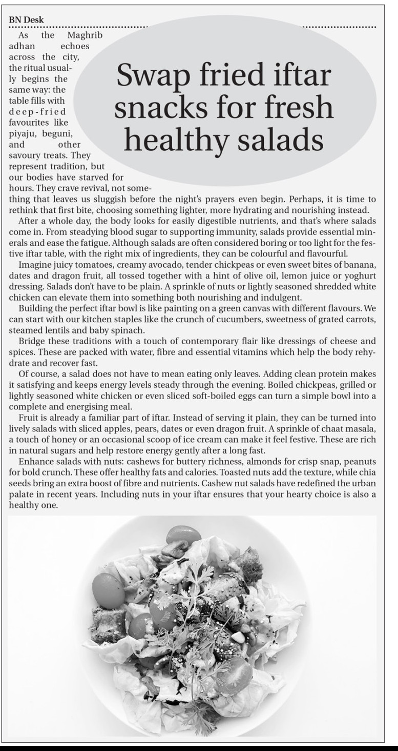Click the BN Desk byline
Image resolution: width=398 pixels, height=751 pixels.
click(26, 20)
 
